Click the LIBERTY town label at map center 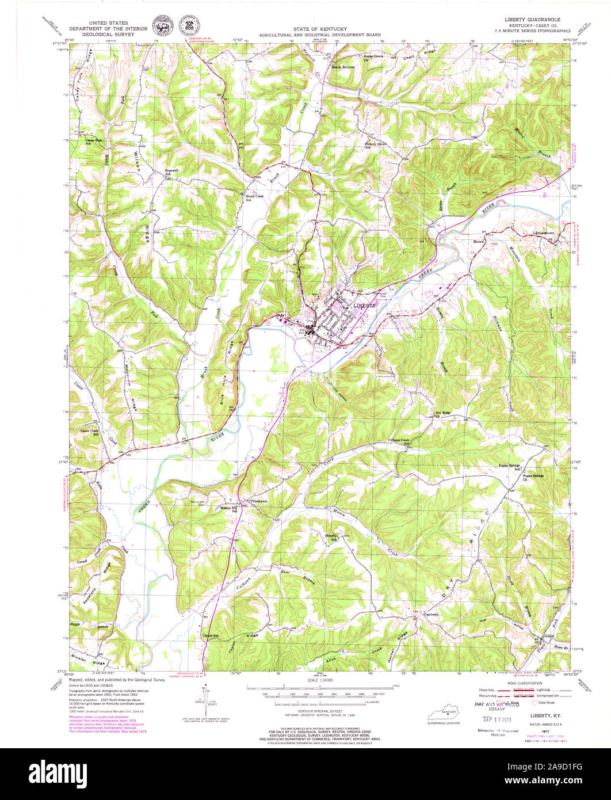click(x=364, y=306)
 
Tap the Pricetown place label click(x=258, y=501)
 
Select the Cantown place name click(x=431, y=614)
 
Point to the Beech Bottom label click(x=343, y=67)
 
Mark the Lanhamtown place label click(x=543, y=232)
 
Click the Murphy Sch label click(x=330, y=536)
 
